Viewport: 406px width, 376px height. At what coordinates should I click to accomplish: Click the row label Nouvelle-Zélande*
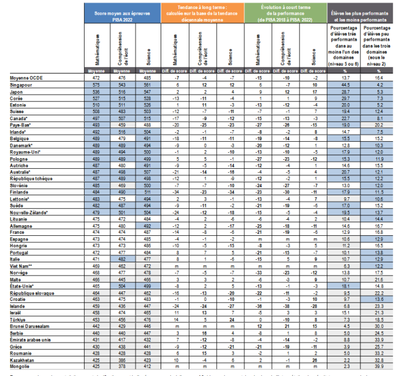coord(29,212)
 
